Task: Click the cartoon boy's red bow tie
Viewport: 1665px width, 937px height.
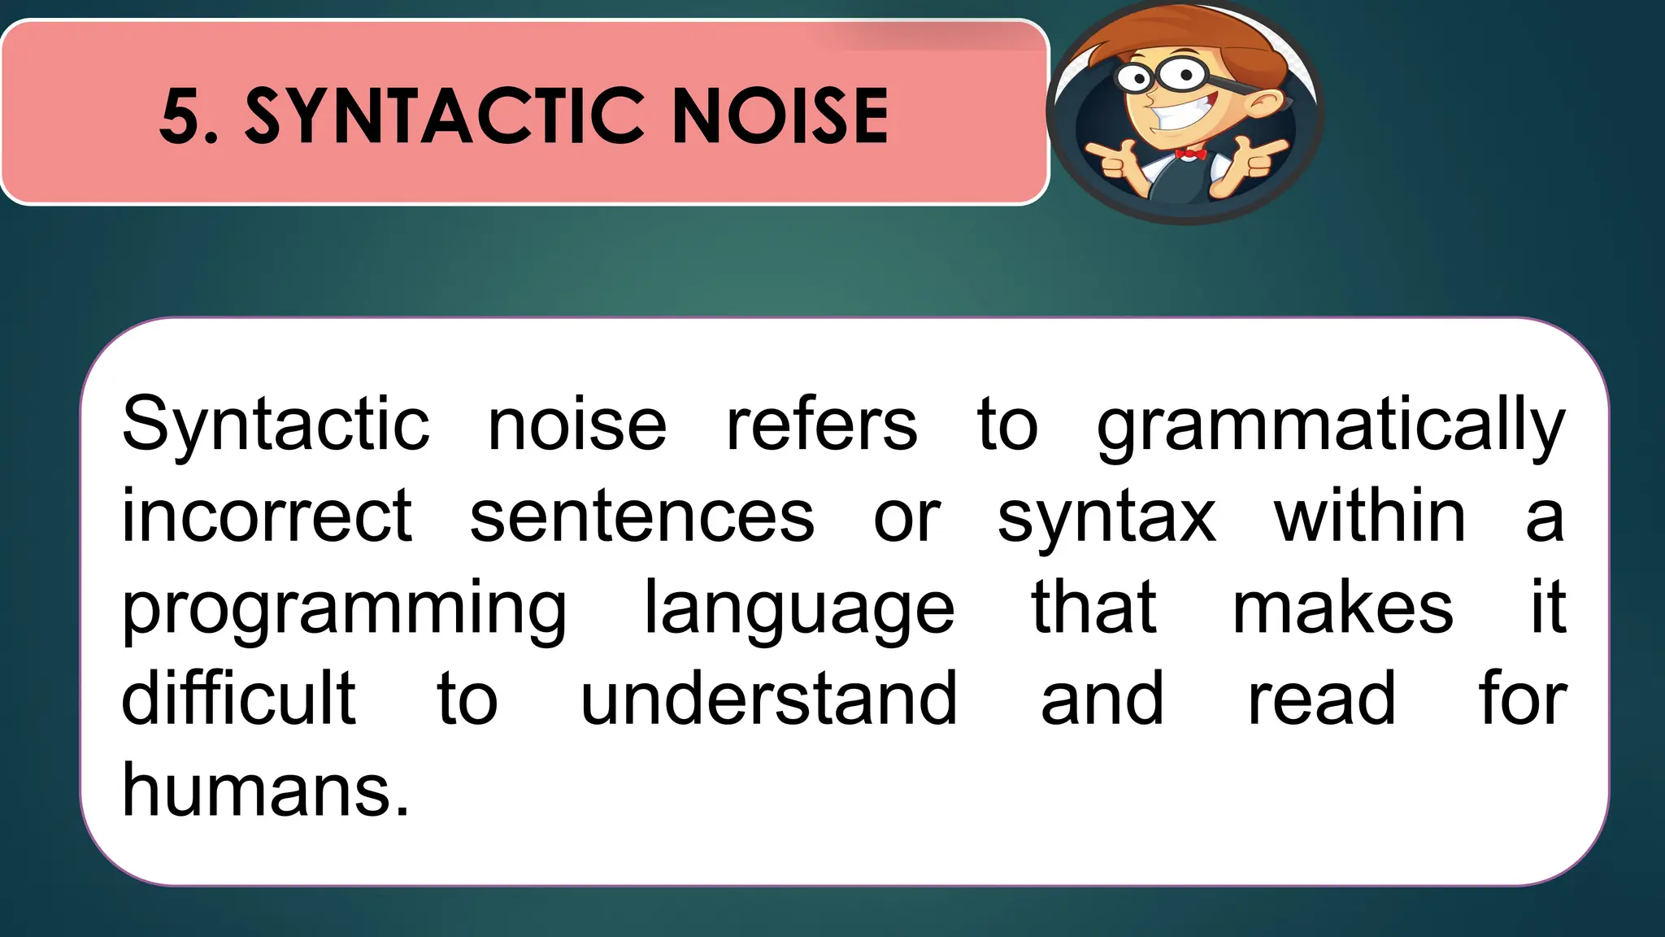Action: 1190,154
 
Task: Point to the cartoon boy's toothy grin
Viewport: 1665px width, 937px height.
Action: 1181,113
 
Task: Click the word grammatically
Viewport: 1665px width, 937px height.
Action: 1331,426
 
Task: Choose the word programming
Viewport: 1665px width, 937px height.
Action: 344,610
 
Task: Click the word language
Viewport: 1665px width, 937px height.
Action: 799,610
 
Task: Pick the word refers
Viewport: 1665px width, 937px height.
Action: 821,425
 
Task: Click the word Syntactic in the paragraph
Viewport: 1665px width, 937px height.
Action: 276,426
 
